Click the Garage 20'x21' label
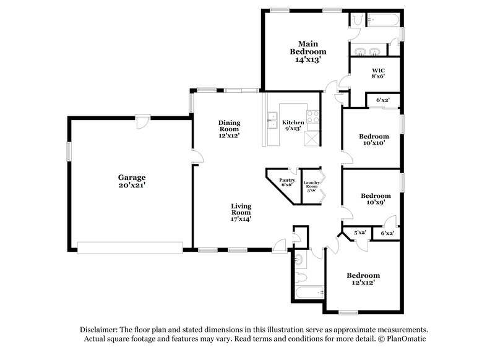tap(131, 181)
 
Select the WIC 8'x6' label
tap(379, 73)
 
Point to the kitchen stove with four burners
tap(312, 116)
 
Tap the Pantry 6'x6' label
tap(287, 182)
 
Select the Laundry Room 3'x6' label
tap(311, 186)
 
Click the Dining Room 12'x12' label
tap(228, 128)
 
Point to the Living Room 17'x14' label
tap(241, 212)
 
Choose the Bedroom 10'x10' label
tap(374, 139)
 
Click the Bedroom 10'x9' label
tap(376, 199)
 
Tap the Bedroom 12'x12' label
tap(363, 278)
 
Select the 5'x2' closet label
tap(359, 233)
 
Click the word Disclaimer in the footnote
tap(103, 330)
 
